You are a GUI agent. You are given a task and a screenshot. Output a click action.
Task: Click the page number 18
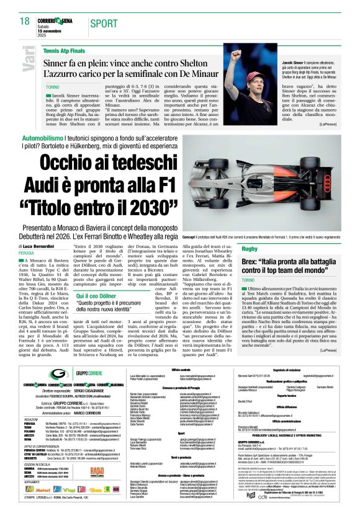click(24, 22)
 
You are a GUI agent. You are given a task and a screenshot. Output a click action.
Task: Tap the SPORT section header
click(103, 24)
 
